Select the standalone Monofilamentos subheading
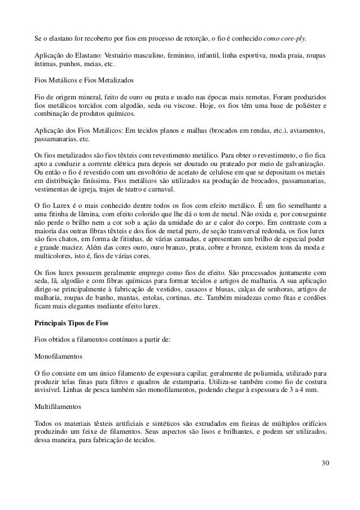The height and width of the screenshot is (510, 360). [59, 357]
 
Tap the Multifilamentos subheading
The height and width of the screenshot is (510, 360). [58, 406]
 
